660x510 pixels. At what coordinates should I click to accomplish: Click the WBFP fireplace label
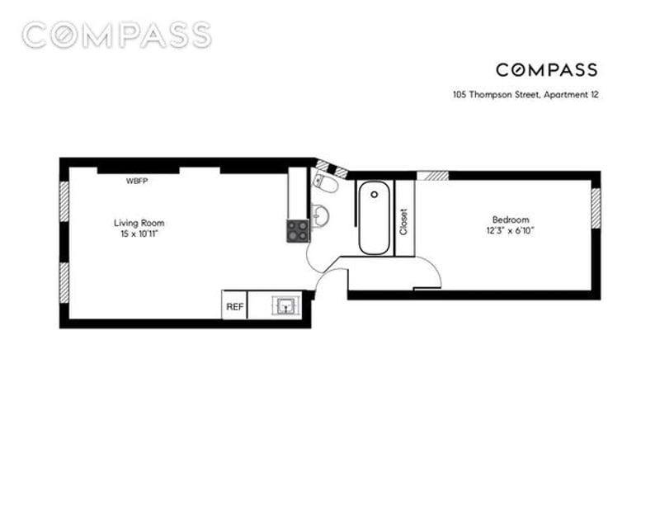(137, 181)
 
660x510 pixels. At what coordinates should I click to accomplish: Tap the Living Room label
(139, 223)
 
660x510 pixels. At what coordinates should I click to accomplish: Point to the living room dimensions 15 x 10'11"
(139, 234)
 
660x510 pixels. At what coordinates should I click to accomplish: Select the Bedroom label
(511, 220)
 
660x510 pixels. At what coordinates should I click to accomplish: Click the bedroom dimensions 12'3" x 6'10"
(510, 230)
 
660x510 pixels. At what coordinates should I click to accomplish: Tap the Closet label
(403, 222)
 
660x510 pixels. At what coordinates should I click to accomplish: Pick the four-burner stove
(298, 231)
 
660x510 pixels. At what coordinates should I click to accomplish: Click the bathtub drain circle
(375, 194)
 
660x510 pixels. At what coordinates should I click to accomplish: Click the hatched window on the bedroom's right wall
(596, 208)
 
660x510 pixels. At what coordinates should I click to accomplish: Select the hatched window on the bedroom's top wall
(432, 176)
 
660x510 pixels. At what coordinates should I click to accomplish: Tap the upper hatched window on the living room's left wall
(64, 201)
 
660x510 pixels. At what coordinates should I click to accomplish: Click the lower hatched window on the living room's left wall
(64, 282)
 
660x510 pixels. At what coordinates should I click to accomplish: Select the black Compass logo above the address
(546, 70)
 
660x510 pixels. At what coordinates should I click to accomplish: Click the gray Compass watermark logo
(116, 35)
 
